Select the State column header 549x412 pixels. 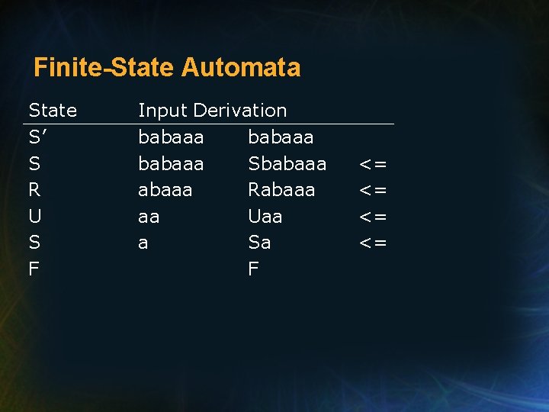click(x=53, y=111)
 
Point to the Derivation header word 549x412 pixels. click(x=240, y=111)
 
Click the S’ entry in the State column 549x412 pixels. click(x=38, y=137)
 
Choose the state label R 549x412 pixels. click(x=35, y=190)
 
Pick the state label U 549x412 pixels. click(x=35, y=217)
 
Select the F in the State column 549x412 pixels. click(x=34, y=269)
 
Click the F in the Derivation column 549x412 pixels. click(x=254, y=269)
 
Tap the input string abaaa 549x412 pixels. click(x=165, y=190)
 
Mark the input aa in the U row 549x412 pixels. click(x=149, y=217)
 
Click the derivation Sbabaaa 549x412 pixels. click(x=287, y=164)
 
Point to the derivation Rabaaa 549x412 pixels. click(x=281, y=190)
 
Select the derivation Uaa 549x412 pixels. click(x=265, y=217)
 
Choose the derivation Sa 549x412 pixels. click(x=259, y=243)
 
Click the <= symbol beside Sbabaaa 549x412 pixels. click(x=374, y=164)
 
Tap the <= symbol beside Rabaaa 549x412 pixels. click(x=374, y=190)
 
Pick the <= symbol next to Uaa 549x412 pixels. click(x=374, y=217)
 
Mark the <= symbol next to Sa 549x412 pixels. click(x=374, y=243)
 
